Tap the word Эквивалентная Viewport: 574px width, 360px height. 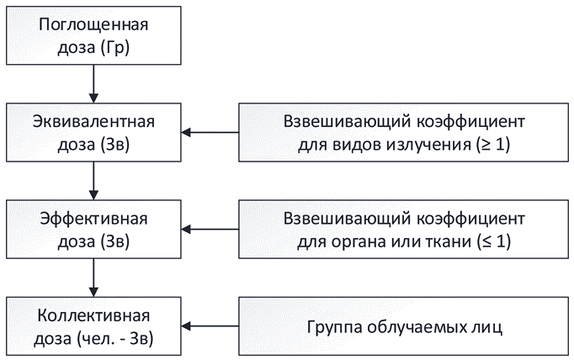93,121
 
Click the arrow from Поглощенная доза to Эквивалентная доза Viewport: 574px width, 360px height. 93,82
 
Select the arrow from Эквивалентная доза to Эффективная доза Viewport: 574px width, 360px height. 93,180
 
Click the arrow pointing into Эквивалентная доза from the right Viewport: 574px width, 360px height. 210,132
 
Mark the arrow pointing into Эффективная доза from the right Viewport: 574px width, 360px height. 210,229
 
